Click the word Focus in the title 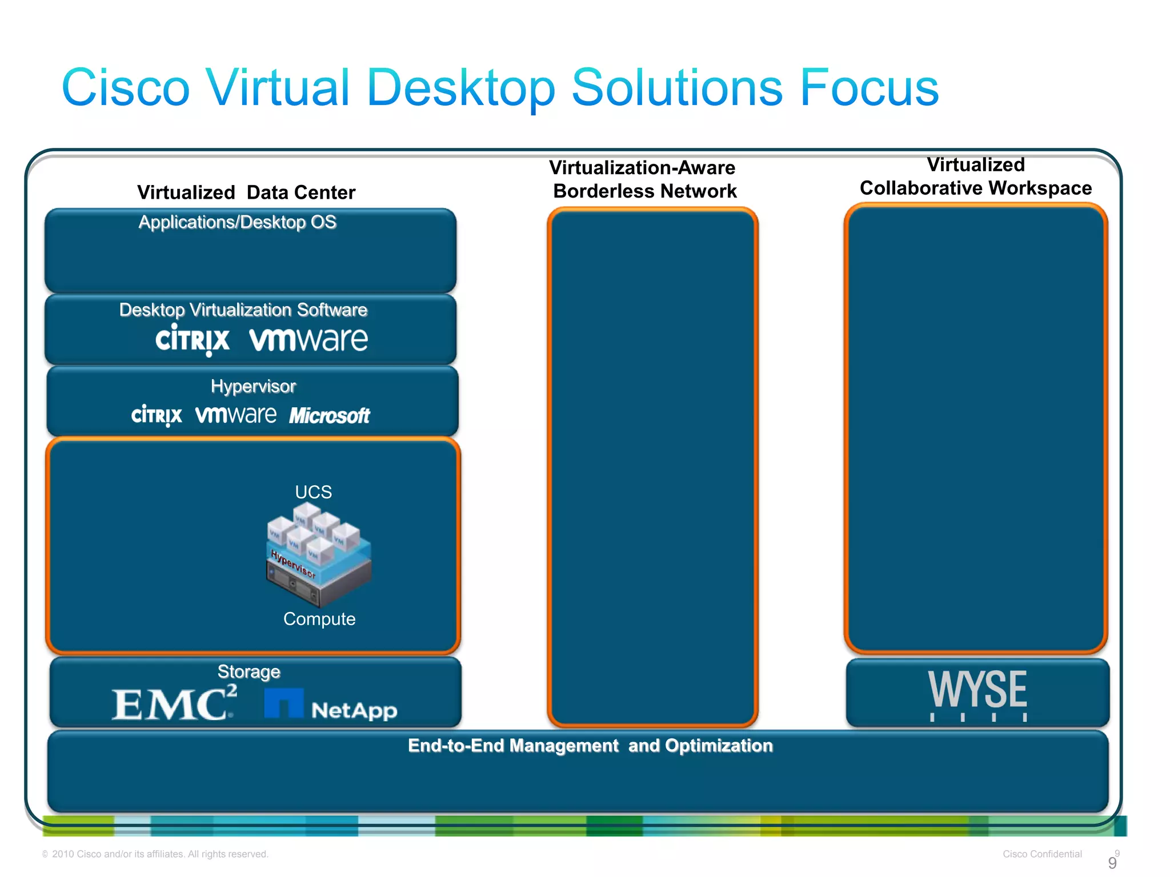[x=868, y=88]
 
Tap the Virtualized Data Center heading [x=246, y=192]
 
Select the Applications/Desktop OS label [x=237, y=222]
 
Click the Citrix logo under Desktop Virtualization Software [x=192, y=340]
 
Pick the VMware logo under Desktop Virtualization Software [x=308, y=340]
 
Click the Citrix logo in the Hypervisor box [x=157, y=415]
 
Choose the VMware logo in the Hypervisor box [x=235, y=415]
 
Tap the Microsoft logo [x=329, y=416]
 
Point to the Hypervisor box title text [x=253, y=387]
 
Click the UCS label [x=313, y=492]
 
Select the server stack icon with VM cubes [x=318, y=557]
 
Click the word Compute [x=319, y=619]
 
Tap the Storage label [x=249, y=671]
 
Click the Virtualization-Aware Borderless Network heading [x=643, y=179]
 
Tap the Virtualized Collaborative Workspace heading [x=976, y=176]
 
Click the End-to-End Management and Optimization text [x=590, y=746]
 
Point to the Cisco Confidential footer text [x=1041, y=854]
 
